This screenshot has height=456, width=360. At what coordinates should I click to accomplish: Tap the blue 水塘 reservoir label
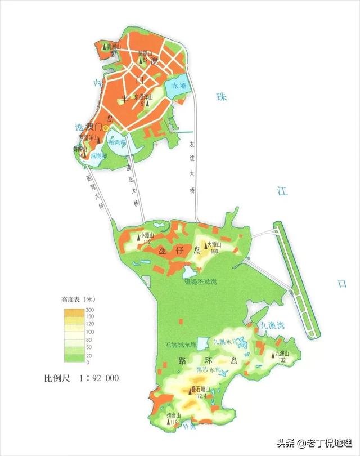coord(179,87)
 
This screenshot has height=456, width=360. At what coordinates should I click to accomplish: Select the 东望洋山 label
coord(143,96)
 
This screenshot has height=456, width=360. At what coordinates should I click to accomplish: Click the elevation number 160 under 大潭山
coord(214,252)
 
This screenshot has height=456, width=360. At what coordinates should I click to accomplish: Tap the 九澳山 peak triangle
coord(275,355)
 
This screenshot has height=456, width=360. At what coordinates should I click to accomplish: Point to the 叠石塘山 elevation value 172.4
coord(200,396)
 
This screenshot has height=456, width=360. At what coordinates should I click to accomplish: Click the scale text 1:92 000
coord(98,378)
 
